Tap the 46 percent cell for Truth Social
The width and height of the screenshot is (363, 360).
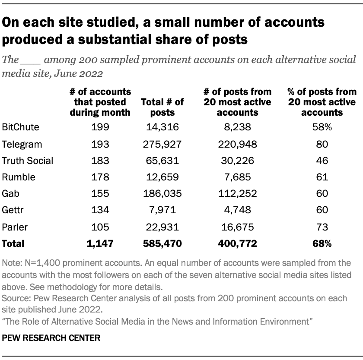pos(322,161)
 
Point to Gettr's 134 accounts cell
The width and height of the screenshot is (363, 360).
pos(100,210)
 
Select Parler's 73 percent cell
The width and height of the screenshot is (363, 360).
pos(322,227)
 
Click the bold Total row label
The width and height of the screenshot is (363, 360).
pos(13,243)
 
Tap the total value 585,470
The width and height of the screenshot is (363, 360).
pos(162,243)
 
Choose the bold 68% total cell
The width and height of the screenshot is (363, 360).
pos(322,243)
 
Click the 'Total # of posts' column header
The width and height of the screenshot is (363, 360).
pos(162,107)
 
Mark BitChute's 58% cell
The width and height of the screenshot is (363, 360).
pos(322,127)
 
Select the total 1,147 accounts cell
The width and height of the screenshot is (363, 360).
pos(100,243)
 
